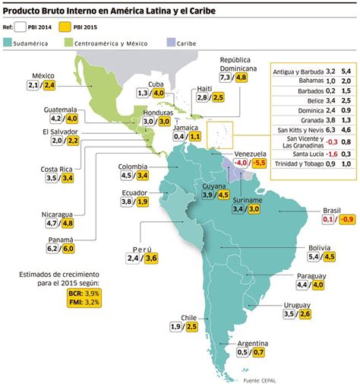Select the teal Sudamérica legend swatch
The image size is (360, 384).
pyautogui.click(x=8, y=43)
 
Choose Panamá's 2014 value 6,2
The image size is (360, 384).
pyautogui.click(x=32, y=248)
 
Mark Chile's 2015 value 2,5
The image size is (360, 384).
pyautogui.click(x=191, y=327)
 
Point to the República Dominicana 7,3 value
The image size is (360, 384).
pyautogui.click(x=225, y=77)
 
